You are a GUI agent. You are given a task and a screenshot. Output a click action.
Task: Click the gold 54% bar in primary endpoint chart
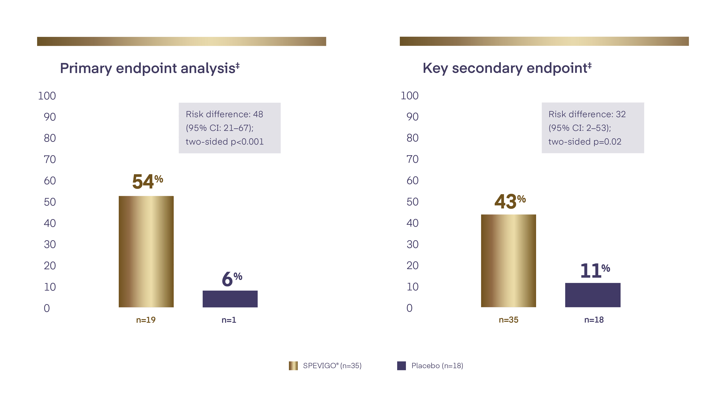coord(146,251)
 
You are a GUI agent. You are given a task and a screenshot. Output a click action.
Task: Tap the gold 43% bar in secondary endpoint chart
coord(508,261)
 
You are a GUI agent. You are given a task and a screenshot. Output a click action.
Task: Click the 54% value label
coord(147,182)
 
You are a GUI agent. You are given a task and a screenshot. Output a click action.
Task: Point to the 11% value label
coord(595,271)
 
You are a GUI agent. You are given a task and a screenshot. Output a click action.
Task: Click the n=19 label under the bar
coord(146,320)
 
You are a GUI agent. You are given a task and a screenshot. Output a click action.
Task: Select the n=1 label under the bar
coord(229,320)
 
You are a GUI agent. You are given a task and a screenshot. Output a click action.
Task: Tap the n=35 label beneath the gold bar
coord(508,320)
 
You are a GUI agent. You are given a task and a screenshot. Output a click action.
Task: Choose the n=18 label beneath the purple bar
coord(594,320)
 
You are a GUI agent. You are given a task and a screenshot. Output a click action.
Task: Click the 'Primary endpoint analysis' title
coord(150,68)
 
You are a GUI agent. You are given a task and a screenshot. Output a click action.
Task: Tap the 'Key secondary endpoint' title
coord(507,68)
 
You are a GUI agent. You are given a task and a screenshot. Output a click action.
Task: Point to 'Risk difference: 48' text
coord(224,114)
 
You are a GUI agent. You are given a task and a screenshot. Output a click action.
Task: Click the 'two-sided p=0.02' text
coord(585,141)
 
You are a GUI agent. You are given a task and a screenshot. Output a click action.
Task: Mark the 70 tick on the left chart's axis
coord(50,159)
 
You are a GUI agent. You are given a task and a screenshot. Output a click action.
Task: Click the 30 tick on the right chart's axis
coord(412,244)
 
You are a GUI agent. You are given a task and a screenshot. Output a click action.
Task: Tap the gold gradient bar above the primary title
coord(182,41)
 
